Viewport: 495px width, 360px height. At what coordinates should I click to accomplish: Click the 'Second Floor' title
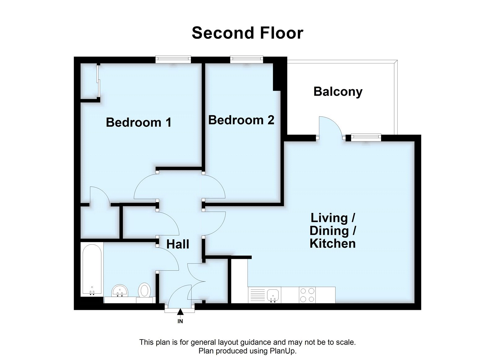click(247, 33)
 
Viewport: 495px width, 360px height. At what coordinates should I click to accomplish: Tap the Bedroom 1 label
click(138, 122)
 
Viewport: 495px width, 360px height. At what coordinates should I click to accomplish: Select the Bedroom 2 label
click(241, 120)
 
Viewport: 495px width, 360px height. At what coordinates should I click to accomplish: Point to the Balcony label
click(338, 92)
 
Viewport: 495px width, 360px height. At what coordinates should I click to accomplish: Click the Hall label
click(178, 244)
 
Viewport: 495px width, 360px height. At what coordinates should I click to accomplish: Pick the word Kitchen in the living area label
click(333, 243)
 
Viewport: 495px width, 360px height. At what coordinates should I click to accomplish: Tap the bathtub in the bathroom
click(92, 269)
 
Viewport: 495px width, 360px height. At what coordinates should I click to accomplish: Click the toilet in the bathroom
click(144, 291)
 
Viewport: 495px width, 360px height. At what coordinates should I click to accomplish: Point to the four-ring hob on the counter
click(307, 295)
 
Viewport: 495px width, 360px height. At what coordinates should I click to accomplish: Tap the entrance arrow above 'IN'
click(180, 312)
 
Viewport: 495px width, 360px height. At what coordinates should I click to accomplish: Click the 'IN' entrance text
click(180, 321)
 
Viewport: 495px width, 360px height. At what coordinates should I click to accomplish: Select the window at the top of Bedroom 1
click(173, 59)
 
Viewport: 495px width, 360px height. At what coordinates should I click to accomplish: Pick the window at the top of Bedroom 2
click(247, 59)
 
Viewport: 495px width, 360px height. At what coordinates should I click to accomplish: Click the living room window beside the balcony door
click(366, 137)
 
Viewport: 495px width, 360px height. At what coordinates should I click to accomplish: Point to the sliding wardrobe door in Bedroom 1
click(98, 81)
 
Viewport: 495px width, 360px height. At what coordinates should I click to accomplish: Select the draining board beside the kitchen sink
click(257, 295)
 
